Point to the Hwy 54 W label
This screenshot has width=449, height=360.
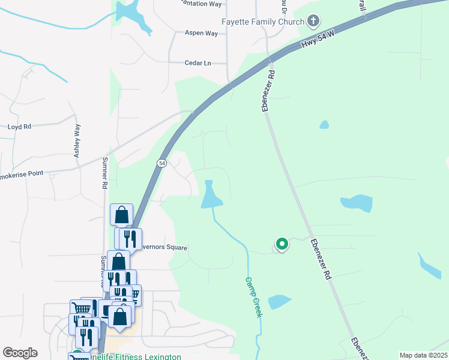click(316, 40)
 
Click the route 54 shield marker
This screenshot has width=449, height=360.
click(161, 163)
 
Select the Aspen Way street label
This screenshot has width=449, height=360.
click(201, 34)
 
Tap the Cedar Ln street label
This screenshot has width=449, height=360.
click(198, 62)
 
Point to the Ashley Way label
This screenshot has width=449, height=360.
click(77, 140)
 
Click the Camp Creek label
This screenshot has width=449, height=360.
click(253, 297)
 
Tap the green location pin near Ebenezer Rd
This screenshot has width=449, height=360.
click(282, 244)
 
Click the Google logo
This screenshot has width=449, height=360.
click(20, 353)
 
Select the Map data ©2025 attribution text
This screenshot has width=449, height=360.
click(423, 355)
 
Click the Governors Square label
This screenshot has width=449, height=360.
click(164, 248)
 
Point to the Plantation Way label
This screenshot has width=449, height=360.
click(195, 4)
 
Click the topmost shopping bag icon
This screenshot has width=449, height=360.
click(121, 214)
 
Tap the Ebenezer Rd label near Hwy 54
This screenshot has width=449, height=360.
click(268, 91)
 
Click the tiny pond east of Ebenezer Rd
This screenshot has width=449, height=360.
click(324, 125)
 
